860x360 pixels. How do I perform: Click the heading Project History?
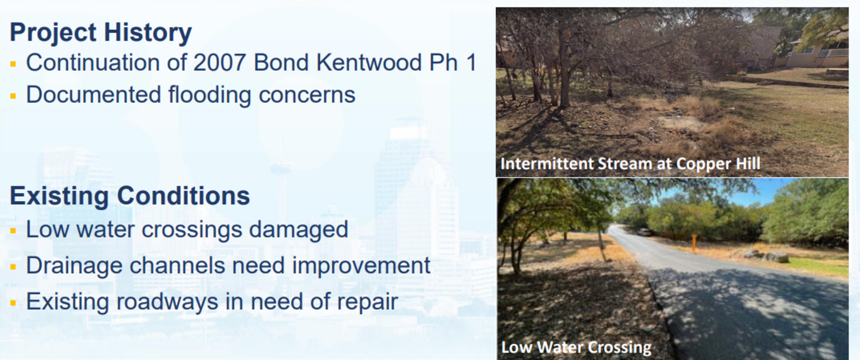point(101,32)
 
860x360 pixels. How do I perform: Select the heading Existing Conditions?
point(130,196)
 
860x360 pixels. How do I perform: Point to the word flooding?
point(210,95)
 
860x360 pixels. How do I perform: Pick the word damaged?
point(299,230)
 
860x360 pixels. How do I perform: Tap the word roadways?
point(167,301)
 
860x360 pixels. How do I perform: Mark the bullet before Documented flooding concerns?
point(13,96)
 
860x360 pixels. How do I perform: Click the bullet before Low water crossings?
point(13,231)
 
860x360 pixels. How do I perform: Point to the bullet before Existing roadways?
point(13,303)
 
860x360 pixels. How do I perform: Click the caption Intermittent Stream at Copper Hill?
point(630,164)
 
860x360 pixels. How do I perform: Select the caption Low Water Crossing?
point(576,347)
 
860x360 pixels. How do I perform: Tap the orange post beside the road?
point(694,243)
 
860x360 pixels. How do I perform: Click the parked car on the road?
point(644,232)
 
